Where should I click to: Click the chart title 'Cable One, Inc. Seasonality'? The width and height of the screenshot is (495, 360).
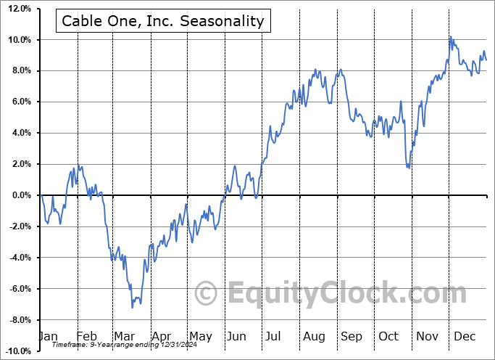(x=163, y=20)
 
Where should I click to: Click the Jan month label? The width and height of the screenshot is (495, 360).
(x=48, y=336)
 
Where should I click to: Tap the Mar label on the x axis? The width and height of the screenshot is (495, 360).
(x=123, y=336)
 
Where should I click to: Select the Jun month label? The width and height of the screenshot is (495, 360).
(x=237, y=336)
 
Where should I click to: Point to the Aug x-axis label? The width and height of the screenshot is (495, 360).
(x=314, y=336)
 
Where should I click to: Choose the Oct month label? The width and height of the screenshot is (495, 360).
(x=389, y=336)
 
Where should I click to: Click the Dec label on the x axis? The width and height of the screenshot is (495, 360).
(x=465, y=336)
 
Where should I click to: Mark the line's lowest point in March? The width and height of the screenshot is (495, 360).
(x=132, y=308)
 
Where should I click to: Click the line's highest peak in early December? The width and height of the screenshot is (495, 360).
(x=450, y=36)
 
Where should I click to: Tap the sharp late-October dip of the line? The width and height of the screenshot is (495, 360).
(x=409, y=168)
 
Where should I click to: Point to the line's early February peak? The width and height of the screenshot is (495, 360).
(x=79, y=166)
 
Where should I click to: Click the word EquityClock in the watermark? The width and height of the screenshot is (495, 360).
(x=312, y=294)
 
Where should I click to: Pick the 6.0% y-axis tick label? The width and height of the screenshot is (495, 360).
(x=20, y=102)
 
